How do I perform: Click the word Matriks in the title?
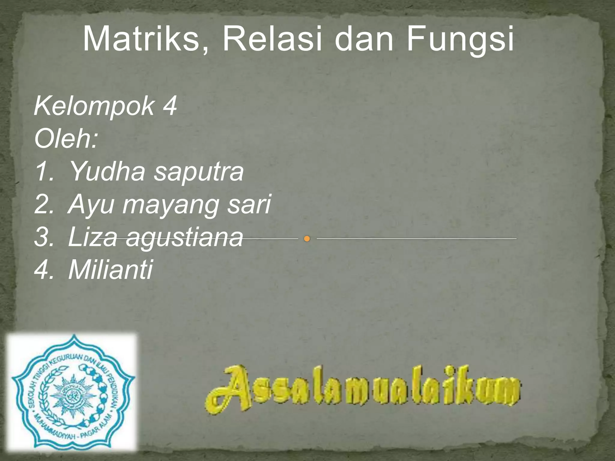click(x=141, y=39)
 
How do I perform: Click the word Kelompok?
click(x=94, y=107)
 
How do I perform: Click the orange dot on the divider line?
click(x=307, y=239)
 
